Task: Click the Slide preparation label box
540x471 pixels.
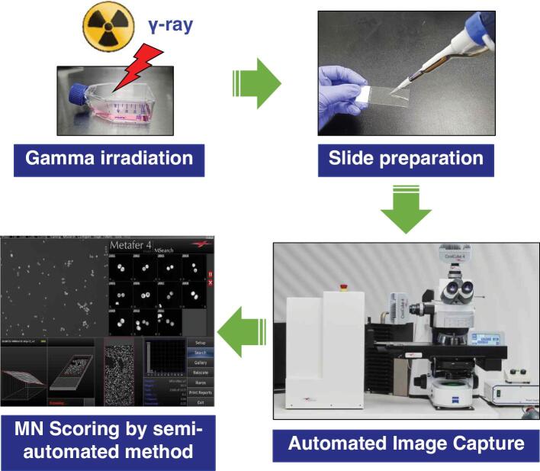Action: pos(406,160)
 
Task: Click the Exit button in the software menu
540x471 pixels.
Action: pos(200,402)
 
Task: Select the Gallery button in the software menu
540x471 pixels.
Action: pos(200,363)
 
